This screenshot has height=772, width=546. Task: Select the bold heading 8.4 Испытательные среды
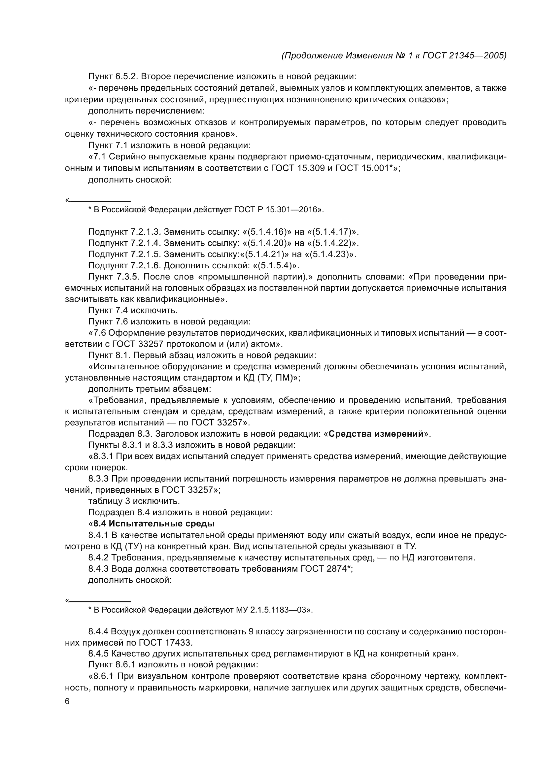pos(154,523)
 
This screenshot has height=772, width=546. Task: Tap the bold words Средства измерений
pos(376,434)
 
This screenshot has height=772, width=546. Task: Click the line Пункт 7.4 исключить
pos(133,310)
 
